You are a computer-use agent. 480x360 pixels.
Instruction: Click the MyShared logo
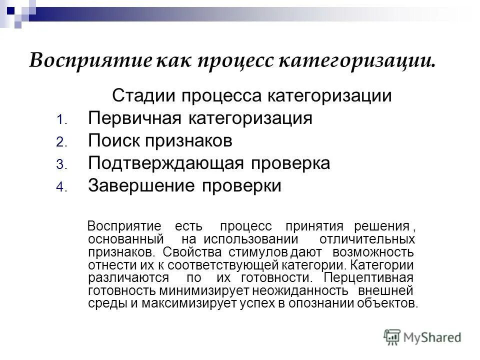coord(422,336)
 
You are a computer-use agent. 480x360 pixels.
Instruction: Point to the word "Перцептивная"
coord(368,277)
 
